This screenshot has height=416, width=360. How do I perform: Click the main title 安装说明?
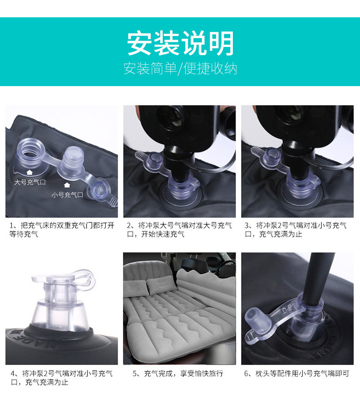tap(180, 43)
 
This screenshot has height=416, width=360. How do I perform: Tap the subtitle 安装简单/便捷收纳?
tap(180, 68)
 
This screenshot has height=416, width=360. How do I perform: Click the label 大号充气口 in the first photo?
tap(30, 182)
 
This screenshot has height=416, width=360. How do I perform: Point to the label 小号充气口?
tap(67, 195)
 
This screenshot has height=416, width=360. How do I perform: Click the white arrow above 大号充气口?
tap(30, 172)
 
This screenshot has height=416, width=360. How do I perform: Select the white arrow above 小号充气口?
tap(67, 185)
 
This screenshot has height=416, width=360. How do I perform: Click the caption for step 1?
tap(62, 230)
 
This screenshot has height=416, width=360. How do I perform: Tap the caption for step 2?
tap(180, 230)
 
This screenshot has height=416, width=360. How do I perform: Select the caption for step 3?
tap(296, 230)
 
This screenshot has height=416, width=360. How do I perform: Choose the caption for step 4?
tap(62, 378)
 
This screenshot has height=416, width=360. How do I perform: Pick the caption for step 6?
tap(297, 374)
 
